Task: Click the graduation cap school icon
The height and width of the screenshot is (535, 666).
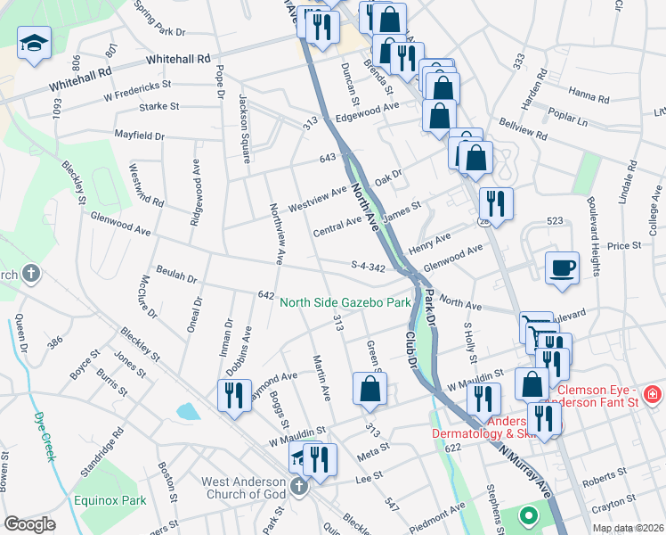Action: coord(35,42)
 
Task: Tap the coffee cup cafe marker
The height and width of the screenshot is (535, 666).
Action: coord(562,267)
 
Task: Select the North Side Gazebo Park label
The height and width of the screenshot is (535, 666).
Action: coord(345,303)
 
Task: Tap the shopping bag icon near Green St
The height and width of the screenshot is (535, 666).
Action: coord(370,390)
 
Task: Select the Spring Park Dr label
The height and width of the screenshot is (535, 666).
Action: coord(158,18)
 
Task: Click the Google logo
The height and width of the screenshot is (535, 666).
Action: coord(29,524)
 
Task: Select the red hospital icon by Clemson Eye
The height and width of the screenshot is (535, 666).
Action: coord(652,393)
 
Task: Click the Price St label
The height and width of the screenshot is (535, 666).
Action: coord(624,245)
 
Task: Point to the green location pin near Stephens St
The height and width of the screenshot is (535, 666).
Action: coord(528,515)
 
